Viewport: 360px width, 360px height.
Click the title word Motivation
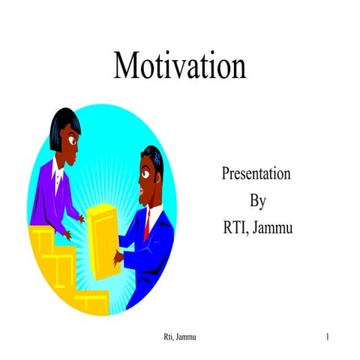pyautogui.click(x=179, y=65)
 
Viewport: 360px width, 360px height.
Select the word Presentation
pyautogui.click(x=256, y=175)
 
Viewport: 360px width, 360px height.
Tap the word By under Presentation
pyautogui.click(x=256, y=200)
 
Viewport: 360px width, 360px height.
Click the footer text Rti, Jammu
pyautogui.click(x=180, y=339)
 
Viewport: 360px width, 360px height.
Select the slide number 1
pyautogui.click(x=328, y=339)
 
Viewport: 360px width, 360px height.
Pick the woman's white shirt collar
pyautogui.click(x=57, y=175)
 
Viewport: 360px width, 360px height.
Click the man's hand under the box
pyautogui.click(x=118, y=257)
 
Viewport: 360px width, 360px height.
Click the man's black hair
pyautogui.click(x=154, y=157)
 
